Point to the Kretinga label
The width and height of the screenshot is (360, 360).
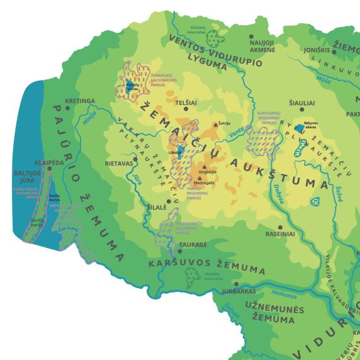[x=79, y=101]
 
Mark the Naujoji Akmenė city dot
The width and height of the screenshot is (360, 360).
[x=251, y=37]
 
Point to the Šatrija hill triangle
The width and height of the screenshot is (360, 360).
[x=216, y=125]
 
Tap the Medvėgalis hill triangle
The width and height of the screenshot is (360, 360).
[x=200, y=178]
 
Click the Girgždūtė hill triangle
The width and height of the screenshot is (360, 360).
[x=203, y=166]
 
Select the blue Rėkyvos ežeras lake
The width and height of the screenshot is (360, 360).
[x=298, y=128]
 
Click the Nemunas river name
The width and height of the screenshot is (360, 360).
[x=284, y=293]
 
